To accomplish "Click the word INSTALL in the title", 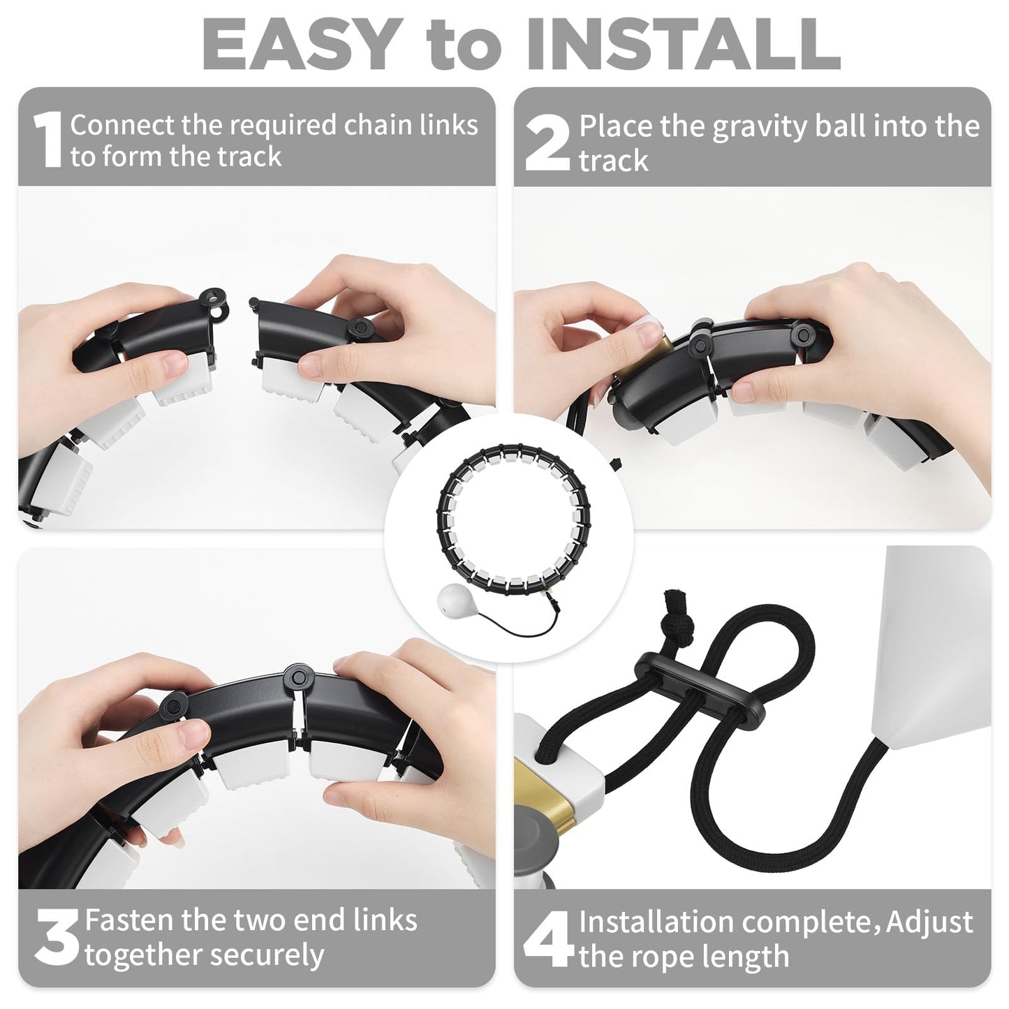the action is click(x=684, y=45).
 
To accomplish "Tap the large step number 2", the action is click(x=547, y=143).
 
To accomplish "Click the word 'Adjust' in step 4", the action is click(x=929, y=923).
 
